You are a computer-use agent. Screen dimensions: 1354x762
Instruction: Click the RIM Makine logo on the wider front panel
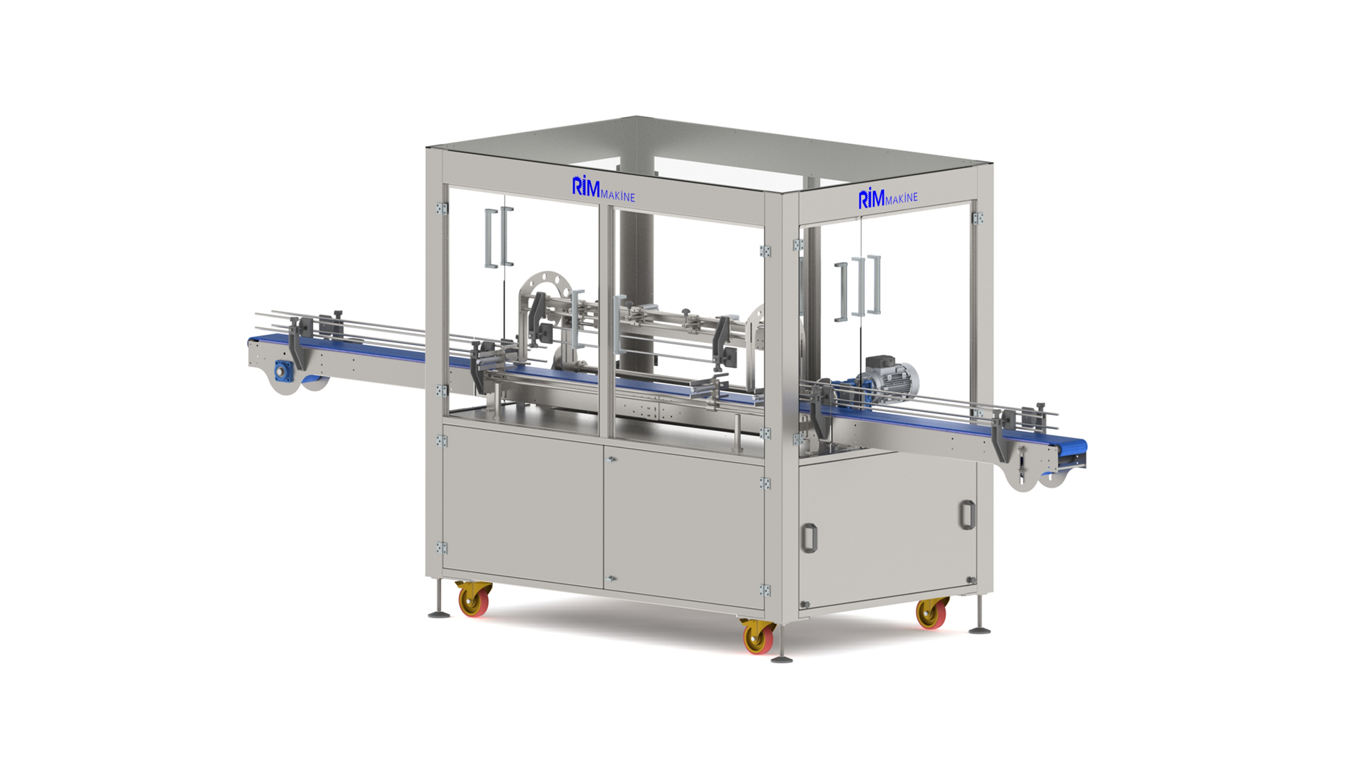603,189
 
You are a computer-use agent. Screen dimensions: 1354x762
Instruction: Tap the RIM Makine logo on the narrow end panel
888,198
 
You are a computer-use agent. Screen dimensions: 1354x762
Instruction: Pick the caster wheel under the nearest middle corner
758,637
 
